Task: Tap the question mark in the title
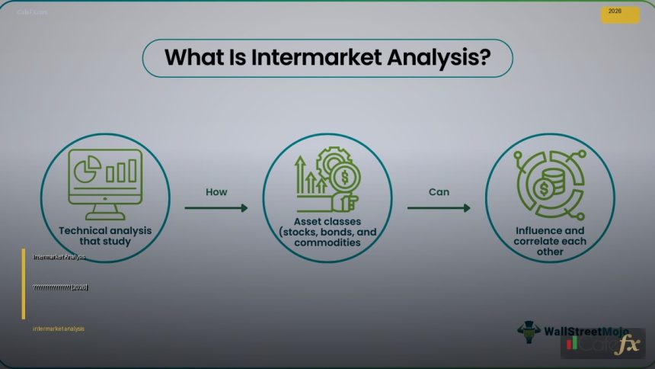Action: click(484, 58)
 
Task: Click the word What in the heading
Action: click(191, 58)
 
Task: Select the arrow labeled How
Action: click(216, 207)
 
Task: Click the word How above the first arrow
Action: click(216, 192)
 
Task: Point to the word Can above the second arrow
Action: click(439, 192)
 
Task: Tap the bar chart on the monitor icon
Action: click(121, 171)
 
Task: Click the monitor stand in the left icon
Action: click(104, 210)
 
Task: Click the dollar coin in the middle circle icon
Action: click(345, 179)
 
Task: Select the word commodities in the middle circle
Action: click(327, 243)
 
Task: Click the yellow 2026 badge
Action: click(620, 14)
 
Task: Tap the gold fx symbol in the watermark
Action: click(628, 345)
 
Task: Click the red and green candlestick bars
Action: click(573, 345)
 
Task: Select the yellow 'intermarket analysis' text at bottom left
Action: click(59, 329)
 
